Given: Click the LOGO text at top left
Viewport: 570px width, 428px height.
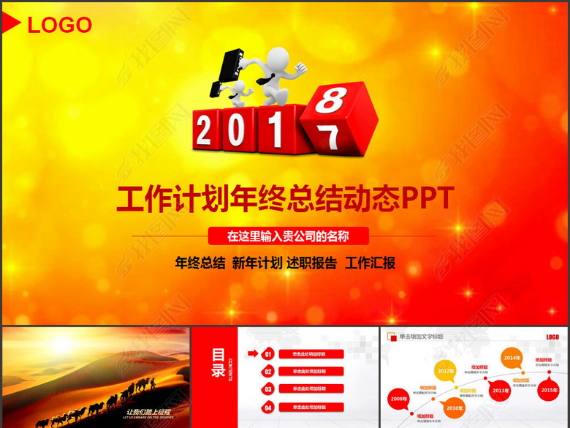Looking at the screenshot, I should (x=59, y=25).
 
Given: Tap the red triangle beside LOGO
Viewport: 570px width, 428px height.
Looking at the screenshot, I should (x=10, y=24).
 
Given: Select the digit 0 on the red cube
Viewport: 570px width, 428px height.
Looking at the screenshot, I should (x=239, y=132).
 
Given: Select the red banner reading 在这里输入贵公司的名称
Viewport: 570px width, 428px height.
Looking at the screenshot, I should (x=288, y=236).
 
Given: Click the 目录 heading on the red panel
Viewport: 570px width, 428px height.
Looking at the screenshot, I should (x=218, y=362).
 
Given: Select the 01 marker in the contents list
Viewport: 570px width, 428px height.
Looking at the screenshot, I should (x=268, y=355).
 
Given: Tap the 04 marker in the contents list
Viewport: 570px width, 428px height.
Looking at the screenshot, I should (x=268, y=408).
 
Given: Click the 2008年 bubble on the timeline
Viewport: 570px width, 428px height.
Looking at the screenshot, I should (x=399, y=399).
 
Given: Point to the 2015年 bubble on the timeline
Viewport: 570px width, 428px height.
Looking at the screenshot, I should (x=548, y=390).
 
